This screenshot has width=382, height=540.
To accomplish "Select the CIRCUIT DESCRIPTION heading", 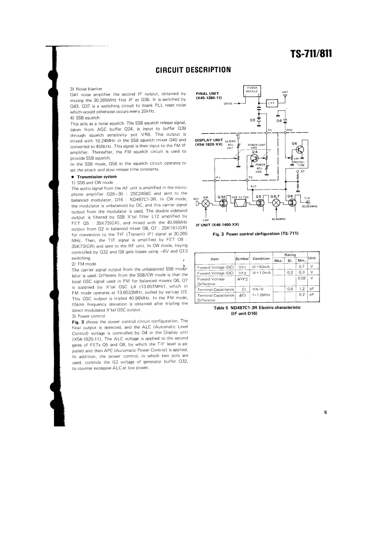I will [x=193, y=70].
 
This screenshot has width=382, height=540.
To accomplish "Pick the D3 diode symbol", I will [x=259, y=120].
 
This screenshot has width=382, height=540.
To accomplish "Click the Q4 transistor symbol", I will [x=256, y=158].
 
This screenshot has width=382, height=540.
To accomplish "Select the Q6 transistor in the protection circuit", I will [x=300, y=150].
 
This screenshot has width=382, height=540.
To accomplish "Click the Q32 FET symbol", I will [x=223, y=202].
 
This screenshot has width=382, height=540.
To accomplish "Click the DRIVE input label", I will [x=231, y=103].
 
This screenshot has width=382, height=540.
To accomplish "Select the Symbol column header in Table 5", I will [x=242, y=259].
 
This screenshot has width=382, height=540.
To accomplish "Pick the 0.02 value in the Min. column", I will [x=302, y=278].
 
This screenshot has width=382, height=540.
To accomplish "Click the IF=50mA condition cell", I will [x=261, y=266].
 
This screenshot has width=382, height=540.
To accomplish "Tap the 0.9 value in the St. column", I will [x=290, y=289].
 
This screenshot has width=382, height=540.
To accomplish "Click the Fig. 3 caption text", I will [x=256, y=234].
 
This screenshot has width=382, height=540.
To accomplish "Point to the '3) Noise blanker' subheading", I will [x=84, y=89].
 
